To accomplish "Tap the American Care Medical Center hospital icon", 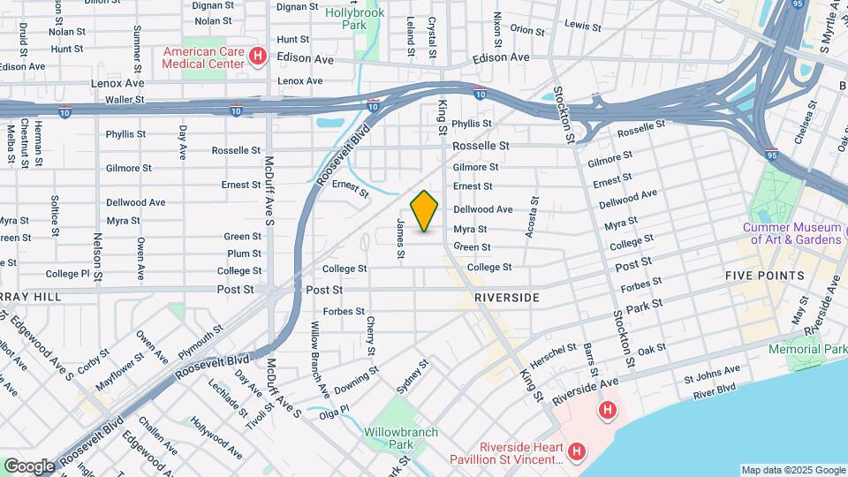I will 258,57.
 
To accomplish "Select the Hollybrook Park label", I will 357,19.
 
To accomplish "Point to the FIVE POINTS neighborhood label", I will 765,276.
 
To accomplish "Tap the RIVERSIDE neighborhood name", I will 506,298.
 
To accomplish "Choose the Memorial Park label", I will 806,350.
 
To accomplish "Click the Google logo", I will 29,466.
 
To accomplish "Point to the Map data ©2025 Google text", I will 792,470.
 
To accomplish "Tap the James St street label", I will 400,239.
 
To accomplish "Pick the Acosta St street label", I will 530,217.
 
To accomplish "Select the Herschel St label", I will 554,357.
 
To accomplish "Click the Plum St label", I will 245,254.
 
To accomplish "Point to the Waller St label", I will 124,100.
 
